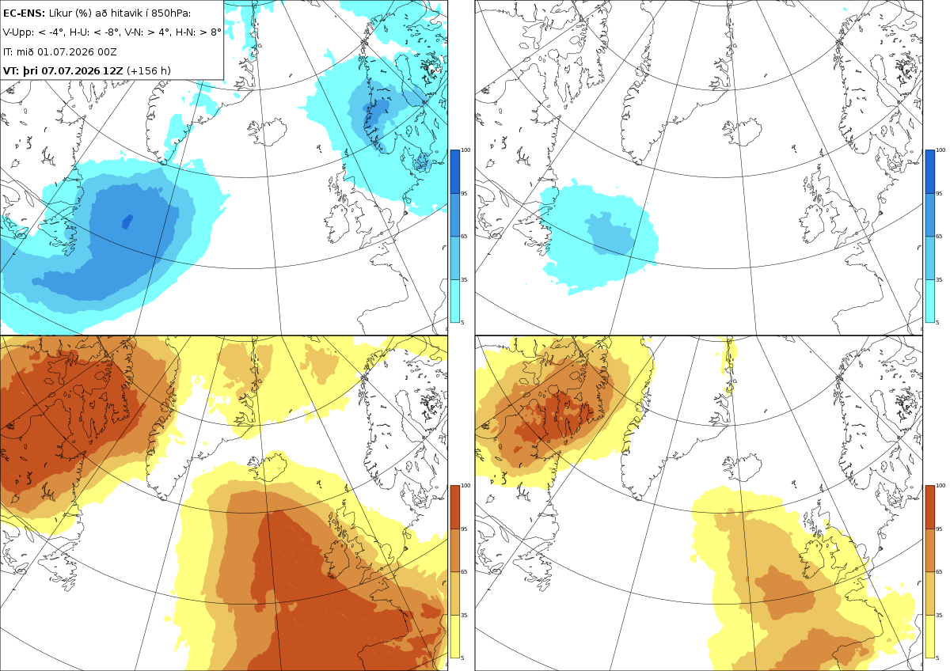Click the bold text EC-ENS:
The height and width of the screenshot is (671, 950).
24,13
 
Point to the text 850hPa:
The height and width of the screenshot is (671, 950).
170,13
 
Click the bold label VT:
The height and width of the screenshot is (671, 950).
11,70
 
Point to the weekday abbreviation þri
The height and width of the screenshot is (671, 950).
30,71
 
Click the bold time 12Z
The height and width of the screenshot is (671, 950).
113,70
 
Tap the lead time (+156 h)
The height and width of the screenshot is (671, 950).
149,70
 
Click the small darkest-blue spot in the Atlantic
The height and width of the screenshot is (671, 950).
127,222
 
